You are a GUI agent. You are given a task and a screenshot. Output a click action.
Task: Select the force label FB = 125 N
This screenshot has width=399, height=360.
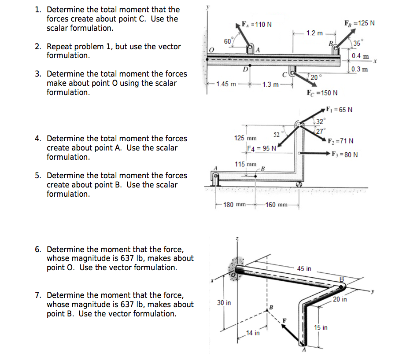[x=360, y=22]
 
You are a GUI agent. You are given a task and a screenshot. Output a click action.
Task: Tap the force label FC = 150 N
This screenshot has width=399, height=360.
[x=322, y=93]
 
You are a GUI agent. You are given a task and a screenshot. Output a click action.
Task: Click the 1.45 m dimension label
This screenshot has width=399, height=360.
[x=225, y=84]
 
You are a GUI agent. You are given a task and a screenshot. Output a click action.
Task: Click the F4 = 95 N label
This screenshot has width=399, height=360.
[x=262, y=148]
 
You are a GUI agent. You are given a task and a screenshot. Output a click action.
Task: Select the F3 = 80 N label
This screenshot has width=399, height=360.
[x=346, y=154]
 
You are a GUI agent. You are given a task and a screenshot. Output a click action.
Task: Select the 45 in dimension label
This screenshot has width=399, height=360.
[x=304, y=268]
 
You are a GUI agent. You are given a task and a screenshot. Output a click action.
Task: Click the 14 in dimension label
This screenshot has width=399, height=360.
[x=252, y=333]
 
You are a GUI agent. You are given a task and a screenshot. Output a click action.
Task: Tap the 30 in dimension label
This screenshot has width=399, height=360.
[x=224, y=303]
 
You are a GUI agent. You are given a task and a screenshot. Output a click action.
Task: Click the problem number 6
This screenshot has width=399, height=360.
[x=37, y=250]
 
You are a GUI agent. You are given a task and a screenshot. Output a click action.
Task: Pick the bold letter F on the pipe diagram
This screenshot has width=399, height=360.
[x=284, y=320]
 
